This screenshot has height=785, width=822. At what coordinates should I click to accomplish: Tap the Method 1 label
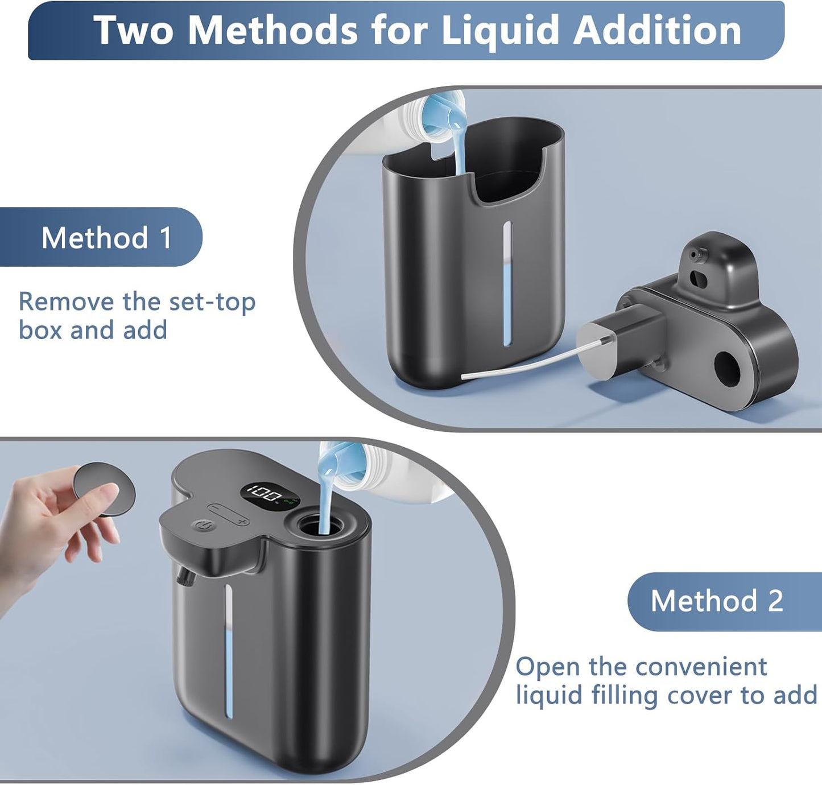[106, 237]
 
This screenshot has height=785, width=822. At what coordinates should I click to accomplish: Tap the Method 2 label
[717, 601]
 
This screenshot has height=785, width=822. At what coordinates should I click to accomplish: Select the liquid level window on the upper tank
[506, 284]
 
